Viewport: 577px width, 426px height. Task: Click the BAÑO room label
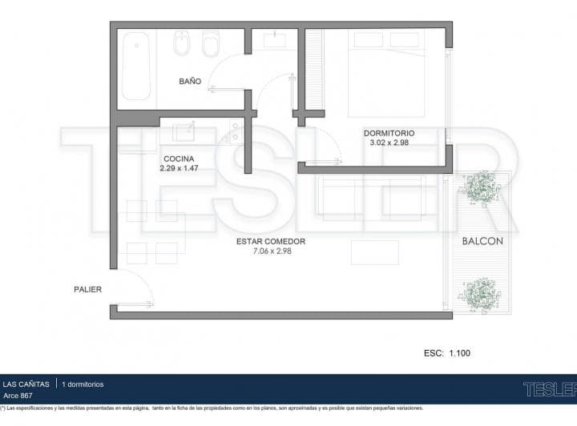click(190, 81)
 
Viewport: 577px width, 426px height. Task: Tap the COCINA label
click(179, 159)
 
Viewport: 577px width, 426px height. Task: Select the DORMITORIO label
click(389, 133)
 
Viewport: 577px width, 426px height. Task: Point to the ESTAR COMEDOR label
click(271, 242)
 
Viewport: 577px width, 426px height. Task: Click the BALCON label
click(482, 241)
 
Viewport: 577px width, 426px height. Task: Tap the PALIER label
click(87, 289)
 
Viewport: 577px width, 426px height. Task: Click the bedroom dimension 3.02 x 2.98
click(389, 143)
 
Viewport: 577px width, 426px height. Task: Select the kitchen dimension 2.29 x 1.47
click(179, 168)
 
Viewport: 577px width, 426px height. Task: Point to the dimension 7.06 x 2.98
click(272, 251)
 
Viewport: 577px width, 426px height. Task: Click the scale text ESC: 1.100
click(447, 353)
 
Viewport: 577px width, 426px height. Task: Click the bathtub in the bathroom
click(136, 66)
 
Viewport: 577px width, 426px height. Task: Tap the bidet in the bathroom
click(182, 43)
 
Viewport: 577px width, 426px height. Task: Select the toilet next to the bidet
click(212, 43)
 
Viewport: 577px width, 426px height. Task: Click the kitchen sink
click(184, 132)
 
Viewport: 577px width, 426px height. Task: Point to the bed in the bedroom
click(387, 74)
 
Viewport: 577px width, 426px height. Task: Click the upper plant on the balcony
click(478, 188)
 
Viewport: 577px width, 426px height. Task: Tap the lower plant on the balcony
click(479, 295)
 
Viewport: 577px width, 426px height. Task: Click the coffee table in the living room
click(374, 252)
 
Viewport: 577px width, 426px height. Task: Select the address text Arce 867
click(18, 396)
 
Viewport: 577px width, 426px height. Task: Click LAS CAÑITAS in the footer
click(26, 384)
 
